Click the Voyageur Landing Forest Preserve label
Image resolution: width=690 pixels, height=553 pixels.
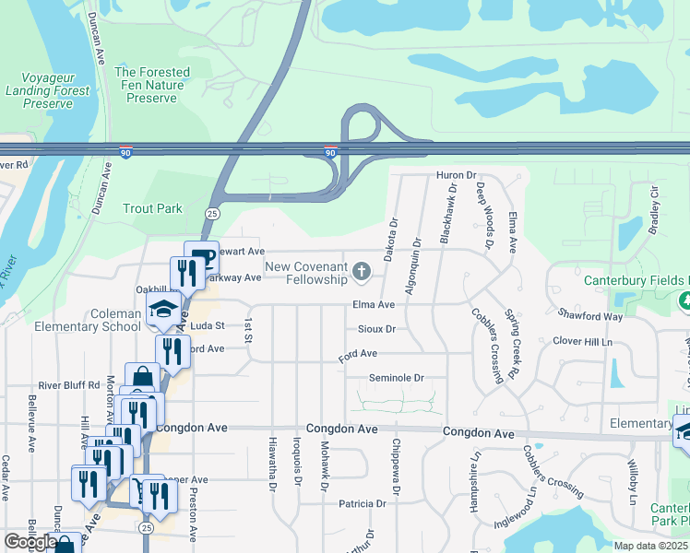click(x=48, y=91)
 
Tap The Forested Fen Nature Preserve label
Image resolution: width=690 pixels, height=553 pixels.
click(x=151, y=85)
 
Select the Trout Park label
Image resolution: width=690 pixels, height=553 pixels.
click(x=153, y=209)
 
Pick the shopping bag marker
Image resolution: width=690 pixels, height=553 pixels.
click(x=143, y=378)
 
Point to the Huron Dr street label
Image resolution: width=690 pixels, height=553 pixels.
click(x=456, y=175)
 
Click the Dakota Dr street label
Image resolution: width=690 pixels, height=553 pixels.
click(x=391, y=239)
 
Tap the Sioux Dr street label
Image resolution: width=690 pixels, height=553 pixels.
click(x=375, y=328)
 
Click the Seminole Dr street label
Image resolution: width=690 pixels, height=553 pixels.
click(x=396, y=378)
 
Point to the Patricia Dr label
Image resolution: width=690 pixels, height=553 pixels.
click(x=362, y=504)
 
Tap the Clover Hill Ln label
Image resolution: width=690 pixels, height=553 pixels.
click(x=582, y=342)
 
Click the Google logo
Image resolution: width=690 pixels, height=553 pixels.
click(x=30, y=542)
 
